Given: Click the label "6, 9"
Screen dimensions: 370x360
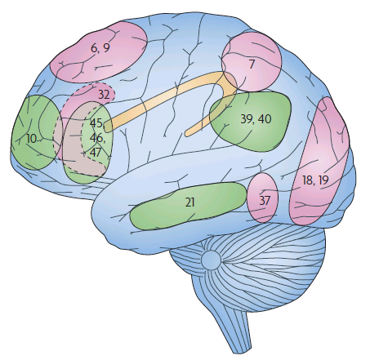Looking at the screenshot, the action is pos(100,48).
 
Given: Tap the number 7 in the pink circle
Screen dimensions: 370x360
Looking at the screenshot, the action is pos(252,64).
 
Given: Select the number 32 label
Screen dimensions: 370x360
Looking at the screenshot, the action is pos(104,95).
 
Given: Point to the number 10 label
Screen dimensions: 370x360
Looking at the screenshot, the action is pos(31,139).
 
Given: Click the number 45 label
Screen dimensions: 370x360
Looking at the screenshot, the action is pos(96,123).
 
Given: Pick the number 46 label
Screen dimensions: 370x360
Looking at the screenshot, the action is pos(96,138).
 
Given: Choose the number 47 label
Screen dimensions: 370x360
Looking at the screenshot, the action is pos(96,153).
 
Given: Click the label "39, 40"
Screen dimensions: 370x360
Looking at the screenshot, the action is pos(256,119).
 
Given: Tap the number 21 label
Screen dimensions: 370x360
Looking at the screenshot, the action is pos(189,202).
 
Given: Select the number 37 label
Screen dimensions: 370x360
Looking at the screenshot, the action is pos(265,200).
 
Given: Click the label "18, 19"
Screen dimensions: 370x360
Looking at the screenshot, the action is pos(315,180).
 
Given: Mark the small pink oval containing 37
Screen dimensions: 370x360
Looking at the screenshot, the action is pos(262,198).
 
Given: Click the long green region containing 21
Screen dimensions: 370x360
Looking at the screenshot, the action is pos(188,205).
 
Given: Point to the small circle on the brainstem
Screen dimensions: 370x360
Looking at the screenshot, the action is pos(211,260).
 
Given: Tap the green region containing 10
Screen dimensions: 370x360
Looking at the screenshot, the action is pos(36,132).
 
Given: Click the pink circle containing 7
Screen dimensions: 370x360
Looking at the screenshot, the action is pos(251,62).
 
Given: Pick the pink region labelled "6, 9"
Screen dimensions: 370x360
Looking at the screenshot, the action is pos(99,51).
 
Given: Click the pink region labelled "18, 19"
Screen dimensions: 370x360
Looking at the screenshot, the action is pos(319,161).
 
